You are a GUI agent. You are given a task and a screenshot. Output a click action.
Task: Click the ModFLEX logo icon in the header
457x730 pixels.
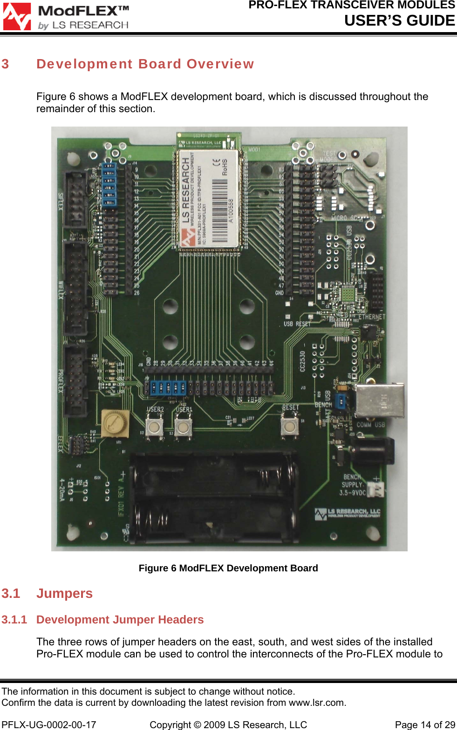click(x=17, y=17)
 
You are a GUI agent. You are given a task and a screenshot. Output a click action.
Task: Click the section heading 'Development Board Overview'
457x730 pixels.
click(x=145, y=64)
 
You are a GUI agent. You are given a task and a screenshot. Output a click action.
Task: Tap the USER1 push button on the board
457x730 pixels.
click(x=183, y=426)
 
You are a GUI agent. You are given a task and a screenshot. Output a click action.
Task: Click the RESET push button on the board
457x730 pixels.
click(x=289, y=425)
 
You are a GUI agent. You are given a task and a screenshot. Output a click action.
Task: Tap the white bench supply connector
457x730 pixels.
click(x=376, y=489)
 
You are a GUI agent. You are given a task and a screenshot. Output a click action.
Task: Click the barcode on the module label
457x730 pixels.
click(x=220, y=210)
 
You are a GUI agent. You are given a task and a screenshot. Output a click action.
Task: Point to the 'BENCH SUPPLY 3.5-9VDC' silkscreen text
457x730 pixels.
click(x=352, y=485)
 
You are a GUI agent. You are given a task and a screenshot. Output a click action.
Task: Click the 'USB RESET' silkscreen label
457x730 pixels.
click(x=297, y=324)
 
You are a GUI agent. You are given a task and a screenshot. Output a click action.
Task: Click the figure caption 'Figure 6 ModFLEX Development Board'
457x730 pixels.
click(x=228, y=568)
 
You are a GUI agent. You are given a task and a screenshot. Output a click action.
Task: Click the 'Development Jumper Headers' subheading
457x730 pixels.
click(x=120, y=620)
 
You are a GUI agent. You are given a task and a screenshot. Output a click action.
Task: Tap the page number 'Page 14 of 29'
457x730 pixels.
click(x=424, y=725)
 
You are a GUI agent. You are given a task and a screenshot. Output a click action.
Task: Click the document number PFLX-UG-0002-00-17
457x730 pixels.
click(x=49, y=725)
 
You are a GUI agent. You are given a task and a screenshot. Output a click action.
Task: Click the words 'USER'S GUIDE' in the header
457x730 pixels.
click(x=399, y=20)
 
